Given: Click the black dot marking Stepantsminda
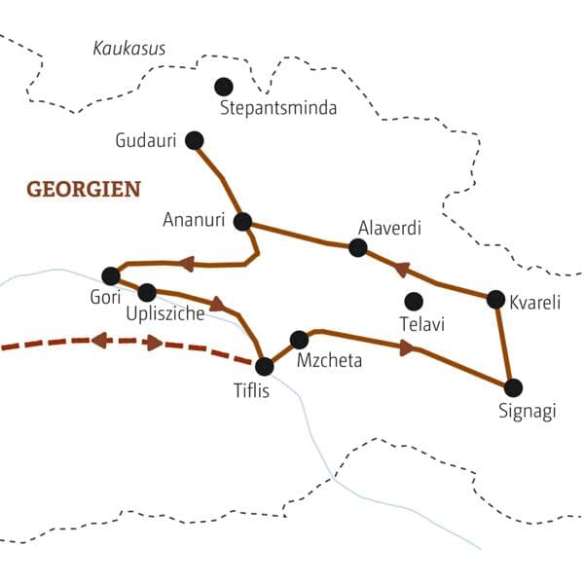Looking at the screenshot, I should (x=224, y=86).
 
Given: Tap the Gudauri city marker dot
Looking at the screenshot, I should (x=194, y=140).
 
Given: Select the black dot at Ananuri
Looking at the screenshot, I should (x=243, y=220).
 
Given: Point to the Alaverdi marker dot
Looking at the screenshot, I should (x=357, y=248).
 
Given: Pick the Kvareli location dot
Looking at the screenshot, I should (x=495, y=299).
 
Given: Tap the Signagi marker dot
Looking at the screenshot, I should (x=513, y=386).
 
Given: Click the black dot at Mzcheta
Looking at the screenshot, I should (x=300, y=340).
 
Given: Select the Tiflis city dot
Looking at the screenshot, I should (x=264, y=366).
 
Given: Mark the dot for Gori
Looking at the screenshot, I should (x=110, y=275).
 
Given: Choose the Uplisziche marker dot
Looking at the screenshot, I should (x=147, y=291).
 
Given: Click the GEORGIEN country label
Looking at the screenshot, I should (x=84, y=188).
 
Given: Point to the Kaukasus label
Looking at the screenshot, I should (x=129, y=48).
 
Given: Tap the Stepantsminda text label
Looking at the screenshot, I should (x=278, y=108).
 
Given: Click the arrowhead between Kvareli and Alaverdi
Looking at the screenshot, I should (x=400, y=268).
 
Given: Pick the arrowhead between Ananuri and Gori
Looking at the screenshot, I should (x=186, y=263).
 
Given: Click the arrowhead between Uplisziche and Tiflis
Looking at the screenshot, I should (x=217, y=303).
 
